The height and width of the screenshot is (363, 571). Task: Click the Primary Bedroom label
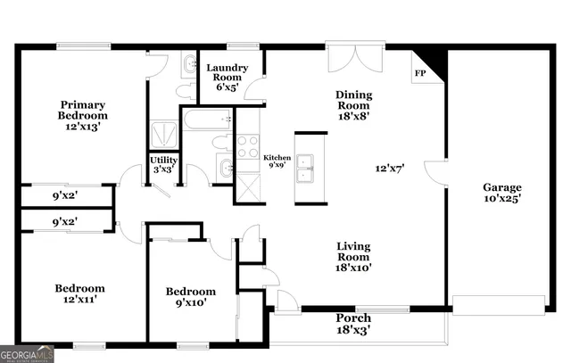pyautogui.click(x=83, y=115)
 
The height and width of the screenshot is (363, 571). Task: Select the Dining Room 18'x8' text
pyautogui.click(x=353, y=104)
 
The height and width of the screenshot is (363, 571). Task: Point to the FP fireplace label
pyautogui.click(x=419, y=73)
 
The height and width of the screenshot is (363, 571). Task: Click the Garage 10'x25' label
pyautogui.click(x=502, y=194)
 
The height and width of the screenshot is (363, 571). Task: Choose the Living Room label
pyautogui.click(x=353, y=257)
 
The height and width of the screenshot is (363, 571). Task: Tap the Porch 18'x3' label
pyautogui.click(x=352, y=324)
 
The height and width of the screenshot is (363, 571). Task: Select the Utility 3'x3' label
pyautogui.click(x=164, y=164)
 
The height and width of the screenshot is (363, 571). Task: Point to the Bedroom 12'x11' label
pyautogui.click(x=79, y=294)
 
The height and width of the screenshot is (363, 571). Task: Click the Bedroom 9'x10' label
pyautogui.click(x=191, y=298)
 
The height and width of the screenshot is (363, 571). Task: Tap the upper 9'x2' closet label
pyautogui.click(x=63, y=194)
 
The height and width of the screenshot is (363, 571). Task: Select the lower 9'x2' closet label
pyautogui.click(x=63, y=220)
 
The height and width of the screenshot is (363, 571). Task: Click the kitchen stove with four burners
pyautogui.click(x=247, y=145)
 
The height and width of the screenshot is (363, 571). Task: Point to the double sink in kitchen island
pyautogui.click(x=306, y=167)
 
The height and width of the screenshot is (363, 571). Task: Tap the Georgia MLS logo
pyautogui.click(x=28, y=353)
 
